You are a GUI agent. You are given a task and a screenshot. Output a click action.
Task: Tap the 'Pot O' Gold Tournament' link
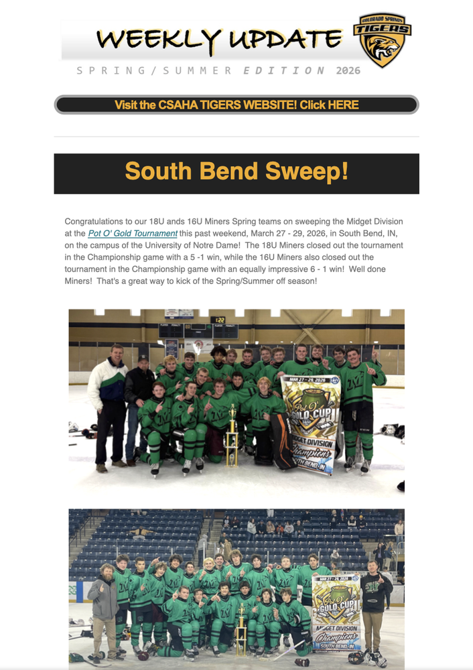click(x=133, y=233)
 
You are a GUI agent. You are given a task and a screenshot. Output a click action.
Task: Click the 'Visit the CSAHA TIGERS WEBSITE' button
click(x=236, y=105)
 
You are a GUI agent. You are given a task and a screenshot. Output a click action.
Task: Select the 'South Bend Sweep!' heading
click(x=236, y=172)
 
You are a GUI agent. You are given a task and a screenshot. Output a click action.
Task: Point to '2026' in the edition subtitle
click(x=348, y=70)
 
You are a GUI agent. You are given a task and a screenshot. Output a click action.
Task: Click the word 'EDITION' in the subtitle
click(x=284, y=70)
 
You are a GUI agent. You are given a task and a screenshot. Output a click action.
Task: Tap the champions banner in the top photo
click(x=308, y=422)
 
